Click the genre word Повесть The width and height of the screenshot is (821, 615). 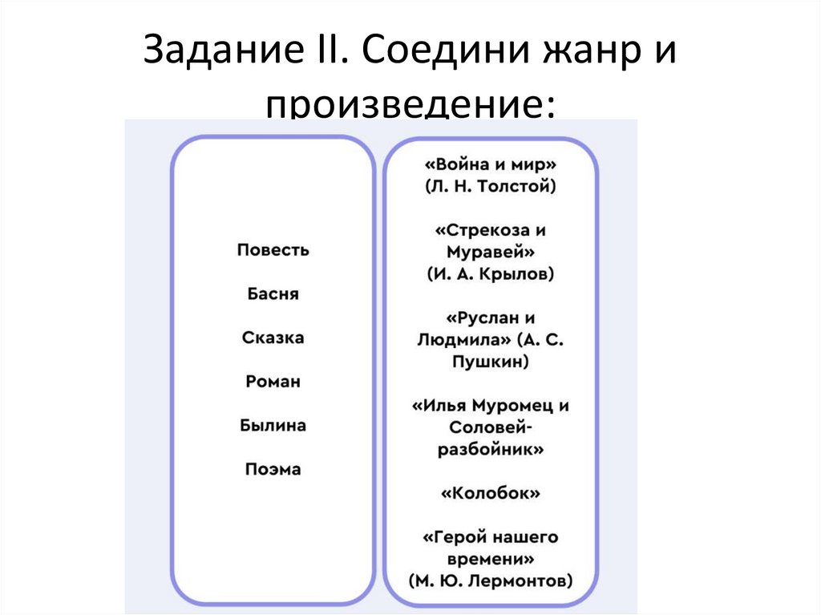point(273,250)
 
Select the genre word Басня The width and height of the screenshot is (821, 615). point(273,294)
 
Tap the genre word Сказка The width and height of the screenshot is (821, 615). point(273,338)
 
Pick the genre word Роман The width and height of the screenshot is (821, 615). point(273,382)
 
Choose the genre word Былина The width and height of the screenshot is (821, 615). point(273,425)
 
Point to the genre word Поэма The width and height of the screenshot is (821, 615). point(273,469)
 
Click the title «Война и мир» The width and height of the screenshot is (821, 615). point(490,164)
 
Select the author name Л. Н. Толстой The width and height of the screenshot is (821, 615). point(490,187)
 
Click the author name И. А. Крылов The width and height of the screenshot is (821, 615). point(490,273)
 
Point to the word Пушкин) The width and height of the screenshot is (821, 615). point(490,362)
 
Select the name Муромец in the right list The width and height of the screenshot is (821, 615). point(512,405)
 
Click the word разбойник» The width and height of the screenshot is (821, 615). point(490,449)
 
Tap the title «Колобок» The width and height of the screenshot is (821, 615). point(490,492)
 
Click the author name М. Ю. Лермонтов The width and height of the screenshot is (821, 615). point(490,580)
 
